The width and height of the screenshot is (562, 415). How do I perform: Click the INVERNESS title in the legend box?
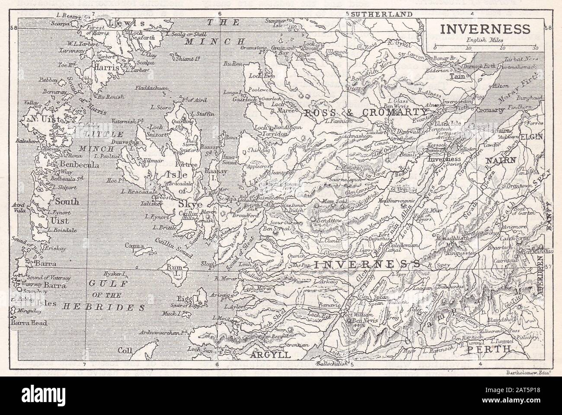click(484, 29)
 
